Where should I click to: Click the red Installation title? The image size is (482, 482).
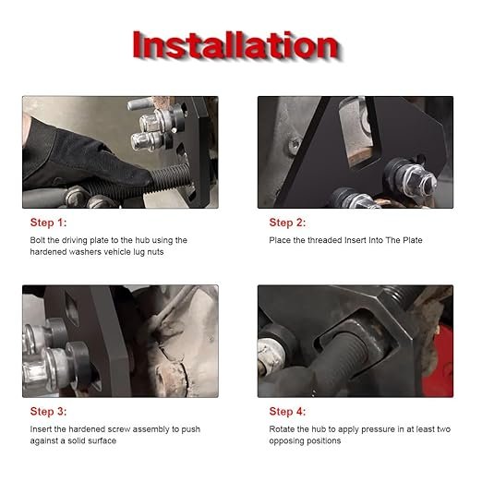click(236, 45)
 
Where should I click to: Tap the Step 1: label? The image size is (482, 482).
click(48, 223)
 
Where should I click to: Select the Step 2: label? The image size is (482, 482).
click(287, 223)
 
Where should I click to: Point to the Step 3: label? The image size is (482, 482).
click(48, 412)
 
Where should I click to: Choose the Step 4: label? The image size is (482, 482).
click(287, 412)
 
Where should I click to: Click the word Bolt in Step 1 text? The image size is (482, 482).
click(38, 240)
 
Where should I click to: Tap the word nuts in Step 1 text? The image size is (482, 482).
click(155, 252)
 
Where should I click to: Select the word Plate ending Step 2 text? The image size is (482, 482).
click(412, 240)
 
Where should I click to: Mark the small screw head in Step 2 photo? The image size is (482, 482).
click(295, 144)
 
